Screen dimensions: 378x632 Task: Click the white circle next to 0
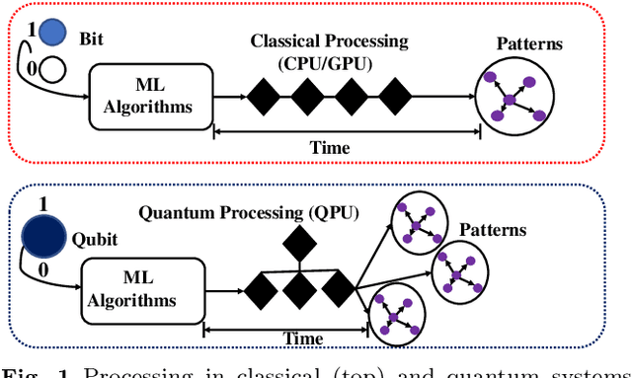(52, 68)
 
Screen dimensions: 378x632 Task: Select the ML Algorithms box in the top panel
(150, 97)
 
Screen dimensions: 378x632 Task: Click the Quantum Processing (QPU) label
(249, 212)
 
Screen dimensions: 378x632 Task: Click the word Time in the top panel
(330, 148)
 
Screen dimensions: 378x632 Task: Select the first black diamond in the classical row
(263, 97)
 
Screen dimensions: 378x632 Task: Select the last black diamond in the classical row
(395, 97)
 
